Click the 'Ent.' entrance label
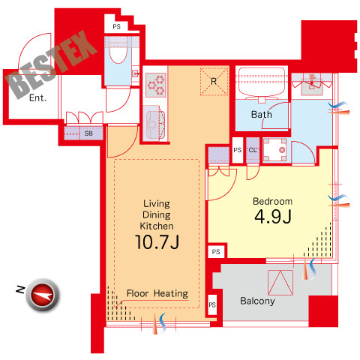coord(37,97)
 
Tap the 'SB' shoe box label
coord(88,133)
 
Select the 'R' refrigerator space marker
coord(214,82)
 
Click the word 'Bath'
coord(262,115)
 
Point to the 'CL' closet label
coord(253,150)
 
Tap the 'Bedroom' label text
coord(272,201)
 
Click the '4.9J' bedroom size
coord(273,217)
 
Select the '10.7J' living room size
coord(157,242)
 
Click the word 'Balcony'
coord(257,301)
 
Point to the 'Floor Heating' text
coord(157,293)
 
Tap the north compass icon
coord(43,295)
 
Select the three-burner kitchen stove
coord(156,85)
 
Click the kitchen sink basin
coord(152,124)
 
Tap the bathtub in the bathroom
coord(262,82)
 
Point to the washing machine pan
coord(274,150)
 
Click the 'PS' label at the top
coord(116,27)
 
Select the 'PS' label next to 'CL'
coord(238,150)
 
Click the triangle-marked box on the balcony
coord(280,283)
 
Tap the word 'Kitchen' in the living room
coord(157,226)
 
